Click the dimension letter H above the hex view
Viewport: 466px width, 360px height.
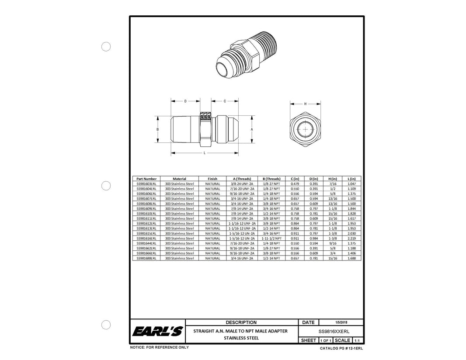[x=305, y=104]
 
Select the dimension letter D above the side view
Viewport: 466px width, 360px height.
[x=185, y=101]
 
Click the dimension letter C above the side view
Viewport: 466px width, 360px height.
[x=225, y=101]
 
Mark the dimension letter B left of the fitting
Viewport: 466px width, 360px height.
[x=157, y=130]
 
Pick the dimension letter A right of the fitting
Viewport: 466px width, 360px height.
[x=252, y=130]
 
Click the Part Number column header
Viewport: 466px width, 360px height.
[x=146, y=179]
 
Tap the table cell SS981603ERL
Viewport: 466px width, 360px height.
[x=146, y=184]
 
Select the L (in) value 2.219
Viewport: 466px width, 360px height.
[x=351, y=239]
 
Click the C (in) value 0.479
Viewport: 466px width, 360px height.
[x=295, y=184]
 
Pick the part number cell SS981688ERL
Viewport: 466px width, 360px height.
[x=146, y=258]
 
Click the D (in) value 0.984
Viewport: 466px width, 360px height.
[x=313, y=239]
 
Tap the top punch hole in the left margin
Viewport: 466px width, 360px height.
[x=106, y=47]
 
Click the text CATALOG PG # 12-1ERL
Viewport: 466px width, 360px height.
[x=341, y=349]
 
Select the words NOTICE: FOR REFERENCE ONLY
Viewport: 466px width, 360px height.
[x=160, y=347]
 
